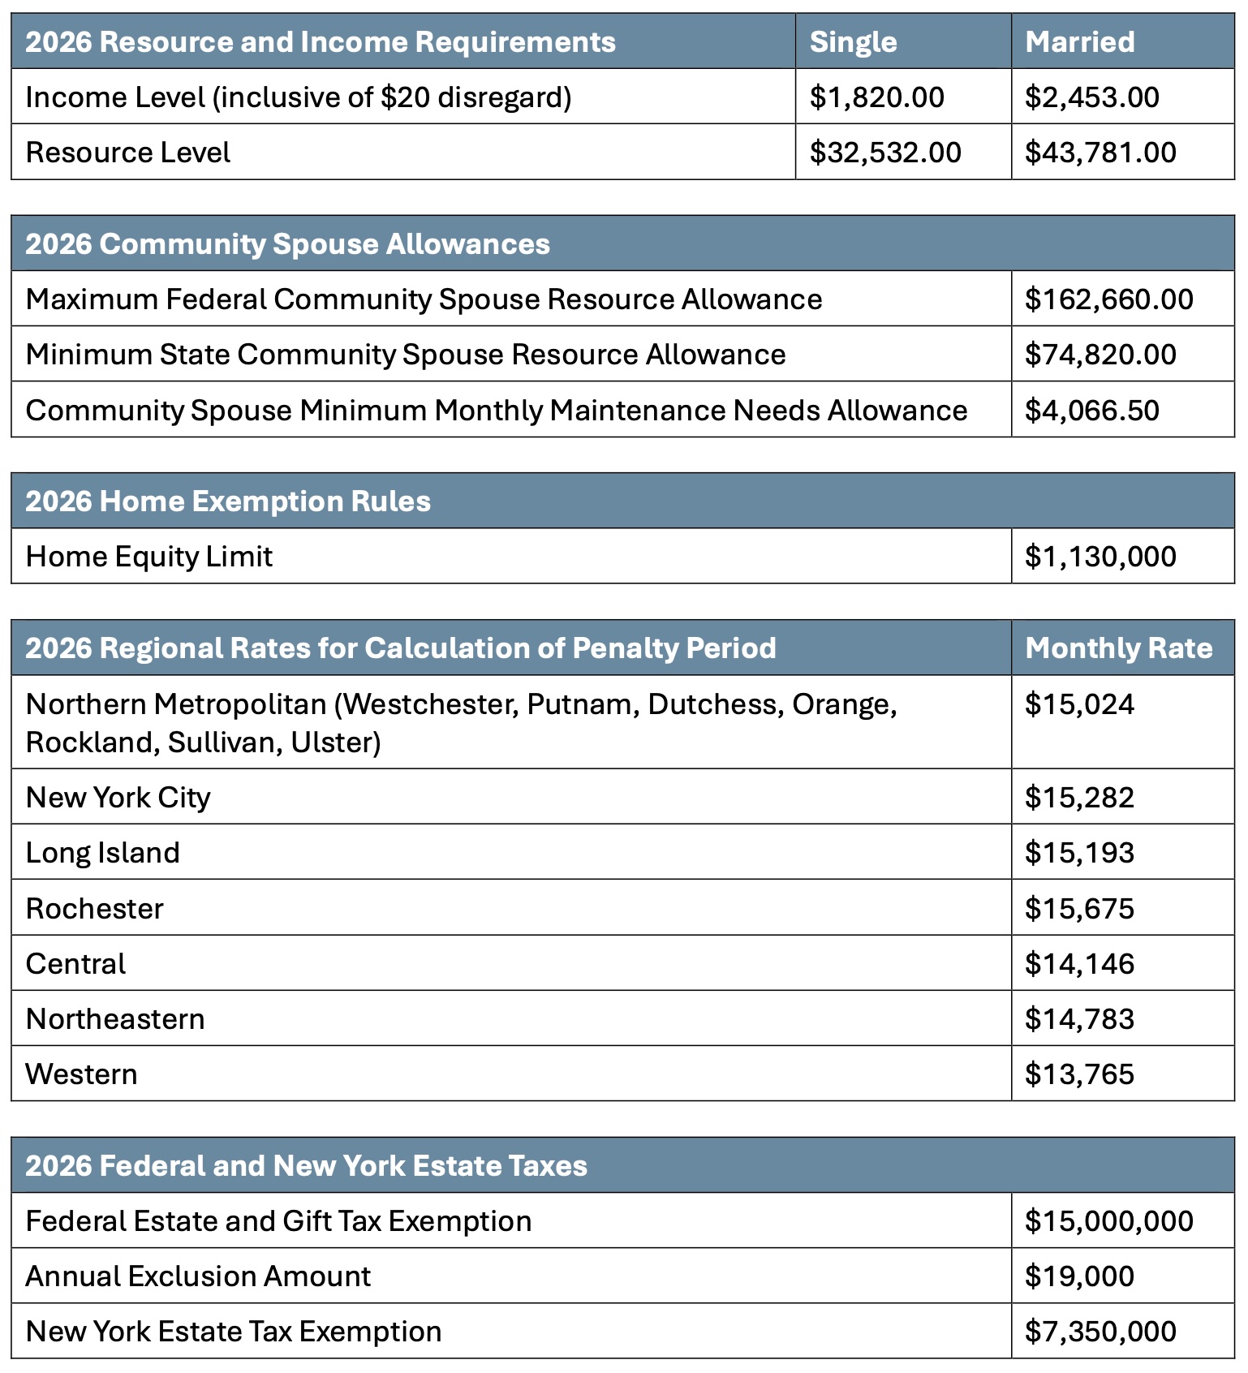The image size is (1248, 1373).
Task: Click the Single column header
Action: (853, 42)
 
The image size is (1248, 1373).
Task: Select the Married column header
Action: (1079, 42)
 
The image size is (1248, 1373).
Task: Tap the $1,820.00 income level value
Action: (876, 97)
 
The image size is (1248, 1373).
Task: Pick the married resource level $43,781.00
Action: (1100, 153)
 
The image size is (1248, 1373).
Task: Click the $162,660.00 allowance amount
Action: (1108, 299)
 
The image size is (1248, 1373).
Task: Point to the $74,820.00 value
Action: (1100, 355)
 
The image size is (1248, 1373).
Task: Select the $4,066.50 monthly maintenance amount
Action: (1091, 411)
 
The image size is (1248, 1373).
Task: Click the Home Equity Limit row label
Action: (149, 557)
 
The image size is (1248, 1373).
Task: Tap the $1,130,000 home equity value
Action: (1100, 557)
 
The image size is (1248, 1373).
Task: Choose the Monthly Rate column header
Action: (1118, 648)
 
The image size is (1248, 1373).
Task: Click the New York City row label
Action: (118, 798)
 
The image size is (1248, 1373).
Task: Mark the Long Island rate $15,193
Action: (1078, 853)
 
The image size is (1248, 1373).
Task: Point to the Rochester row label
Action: (95, 909)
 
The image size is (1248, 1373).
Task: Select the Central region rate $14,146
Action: (1078, 964)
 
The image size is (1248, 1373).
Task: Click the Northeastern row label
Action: (115, 1019)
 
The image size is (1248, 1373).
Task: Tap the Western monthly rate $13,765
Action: (1078, 1074)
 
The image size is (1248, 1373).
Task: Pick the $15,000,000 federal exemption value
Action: (1108, 1221)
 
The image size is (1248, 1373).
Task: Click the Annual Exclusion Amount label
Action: (198, 1276)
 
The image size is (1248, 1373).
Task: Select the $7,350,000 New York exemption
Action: (1100, 1332)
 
